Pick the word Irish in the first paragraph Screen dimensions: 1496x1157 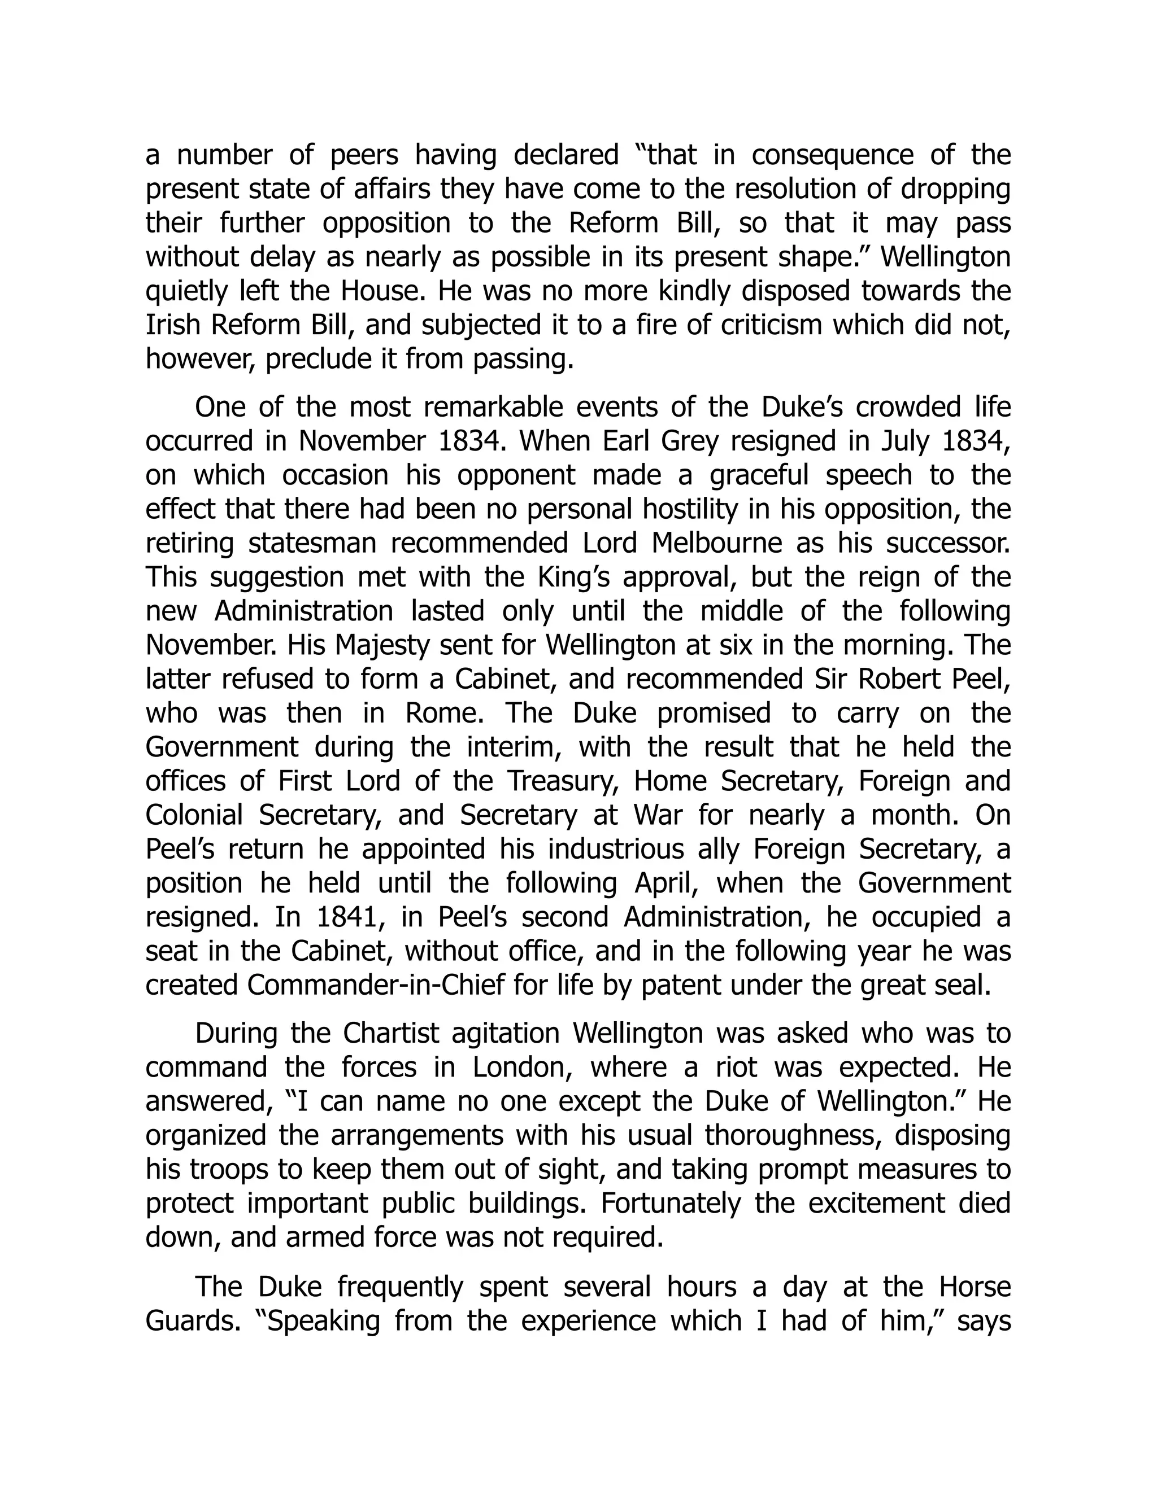pyautogui.click(x=173, y=325)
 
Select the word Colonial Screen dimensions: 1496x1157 pyautogui.click(x=194, y=815)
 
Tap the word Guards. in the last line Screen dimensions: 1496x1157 pyautogui.click(x=193, y=1320)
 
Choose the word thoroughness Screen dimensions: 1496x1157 pyautogui.click(x=793, y=1135)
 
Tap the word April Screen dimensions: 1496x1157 pyautogui.click(x=666, y=883)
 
